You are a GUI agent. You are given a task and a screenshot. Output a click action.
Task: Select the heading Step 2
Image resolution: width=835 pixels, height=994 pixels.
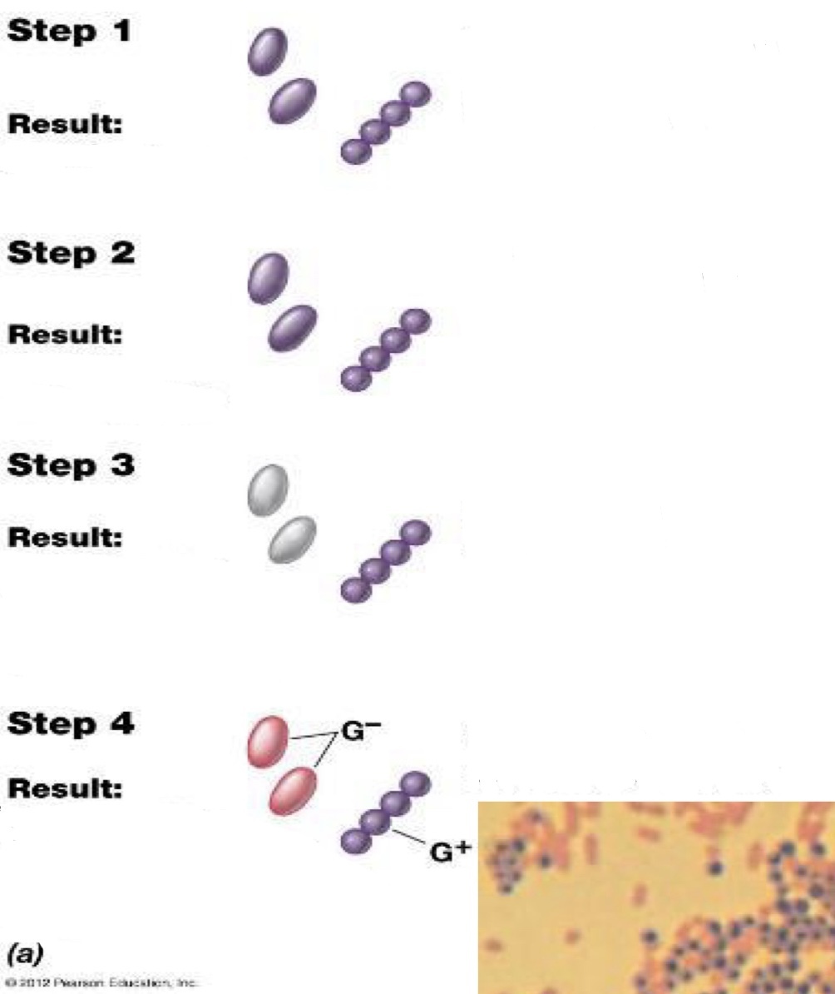70,255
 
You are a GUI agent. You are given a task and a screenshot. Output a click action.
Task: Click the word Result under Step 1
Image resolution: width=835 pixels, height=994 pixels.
66,125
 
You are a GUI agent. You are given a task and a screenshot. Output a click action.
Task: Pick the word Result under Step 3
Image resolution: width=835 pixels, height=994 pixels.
66,537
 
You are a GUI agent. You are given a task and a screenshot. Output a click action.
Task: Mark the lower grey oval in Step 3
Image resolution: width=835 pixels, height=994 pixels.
292,539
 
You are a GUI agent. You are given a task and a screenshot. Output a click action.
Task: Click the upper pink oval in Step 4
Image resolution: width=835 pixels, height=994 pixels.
268,741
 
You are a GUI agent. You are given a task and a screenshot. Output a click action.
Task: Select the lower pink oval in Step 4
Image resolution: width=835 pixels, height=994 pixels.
293,791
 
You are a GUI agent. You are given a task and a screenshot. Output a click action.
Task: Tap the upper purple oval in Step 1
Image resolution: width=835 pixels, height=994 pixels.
268,51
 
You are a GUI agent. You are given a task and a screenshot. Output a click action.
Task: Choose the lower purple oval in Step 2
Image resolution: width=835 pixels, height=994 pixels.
292,327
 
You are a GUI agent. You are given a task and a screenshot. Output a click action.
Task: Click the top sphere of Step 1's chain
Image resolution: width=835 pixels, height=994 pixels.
416,95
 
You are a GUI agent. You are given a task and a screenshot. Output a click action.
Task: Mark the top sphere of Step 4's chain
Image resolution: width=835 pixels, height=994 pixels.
415,783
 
